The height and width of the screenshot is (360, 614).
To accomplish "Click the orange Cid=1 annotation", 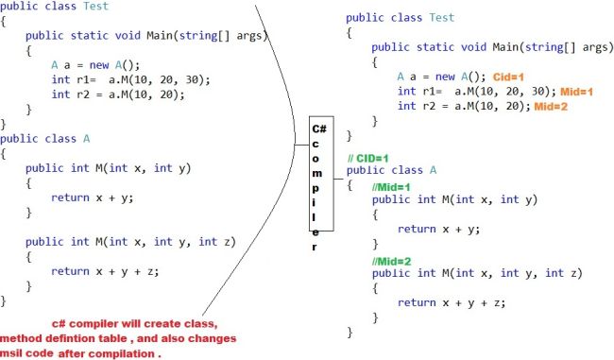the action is click(x=510, y=77).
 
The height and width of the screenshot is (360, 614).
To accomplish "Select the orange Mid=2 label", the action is click(x=551, y=106).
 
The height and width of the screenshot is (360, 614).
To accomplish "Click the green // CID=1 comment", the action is click(x=367, y=156).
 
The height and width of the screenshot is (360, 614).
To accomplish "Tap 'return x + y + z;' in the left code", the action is click(x=105, y=271).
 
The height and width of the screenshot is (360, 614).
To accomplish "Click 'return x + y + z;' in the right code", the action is click(x=451, y=302).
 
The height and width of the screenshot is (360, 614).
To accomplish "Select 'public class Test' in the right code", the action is click(x=400, y=18).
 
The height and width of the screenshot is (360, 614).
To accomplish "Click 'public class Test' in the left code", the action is click(x=54, y=6).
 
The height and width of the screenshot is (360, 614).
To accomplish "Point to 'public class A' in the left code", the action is click(x=45, y=138).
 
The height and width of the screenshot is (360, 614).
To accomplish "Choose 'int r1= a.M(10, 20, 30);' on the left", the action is click(x=130, y=79).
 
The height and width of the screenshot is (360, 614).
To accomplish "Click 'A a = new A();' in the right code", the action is click(x=440, y=77).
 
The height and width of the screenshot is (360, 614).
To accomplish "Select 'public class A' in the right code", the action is click(x=391, y=170).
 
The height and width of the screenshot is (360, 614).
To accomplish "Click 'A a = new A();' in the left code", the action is click(x=94, y=65).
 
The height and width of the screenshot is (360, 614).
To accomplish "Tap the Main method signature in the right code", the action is click(x=492, y=47).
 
